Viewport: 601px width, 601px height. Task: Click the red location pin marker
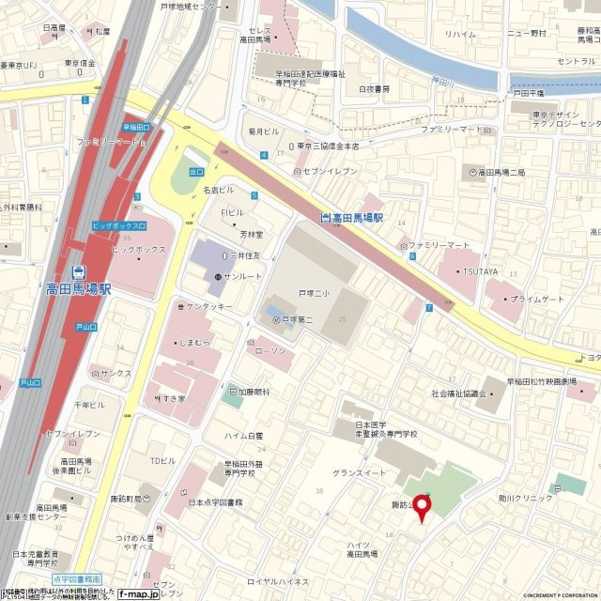click(422, 508)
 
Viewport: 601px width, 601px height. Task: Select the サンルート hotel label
click(241, 277)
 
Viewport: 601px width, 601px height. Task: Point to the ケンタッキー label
click(208, 306)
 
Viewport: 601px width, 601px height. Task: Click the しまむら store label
click(202, 343)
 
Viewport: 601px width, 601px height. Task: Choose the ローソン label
click(271, 351)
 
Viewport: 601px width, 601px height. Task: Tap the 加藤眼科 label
click(252, 391)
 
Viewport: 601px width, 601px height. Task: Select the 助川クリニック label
click(526, 498)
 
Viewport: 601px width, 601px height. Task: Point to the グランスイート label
click(360, 472)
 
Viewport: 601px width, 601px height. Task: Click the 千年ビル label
click(90, 404)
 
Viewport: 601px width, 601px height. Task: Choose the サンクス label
click(116, 373)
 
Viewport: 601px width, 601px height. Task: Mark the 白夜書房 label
click(374, 90)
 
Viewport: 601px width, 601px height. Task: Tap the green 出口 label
click(196, 172)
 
